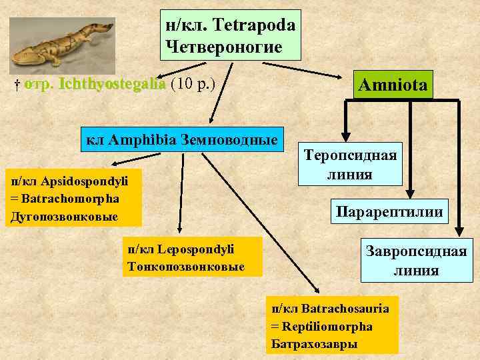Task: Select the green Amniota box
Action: tap(394, 85)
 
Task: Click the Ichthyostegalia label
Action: tap(111, 85)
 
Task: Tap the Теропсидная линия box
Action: tap(350, 164)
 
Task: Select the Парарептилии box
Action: tap(390, 213)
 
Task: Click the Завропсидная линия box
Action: tap(415, 260)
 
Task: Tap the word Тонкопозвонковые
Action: tap(185, 267)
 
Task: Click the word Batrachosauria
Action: tap(345, 309)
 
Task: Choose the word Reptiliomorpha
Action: tap(328, 327)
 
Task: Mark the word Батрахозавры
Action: tap(314, 344)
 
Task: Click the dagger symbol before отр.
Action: tap(16, 85)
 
